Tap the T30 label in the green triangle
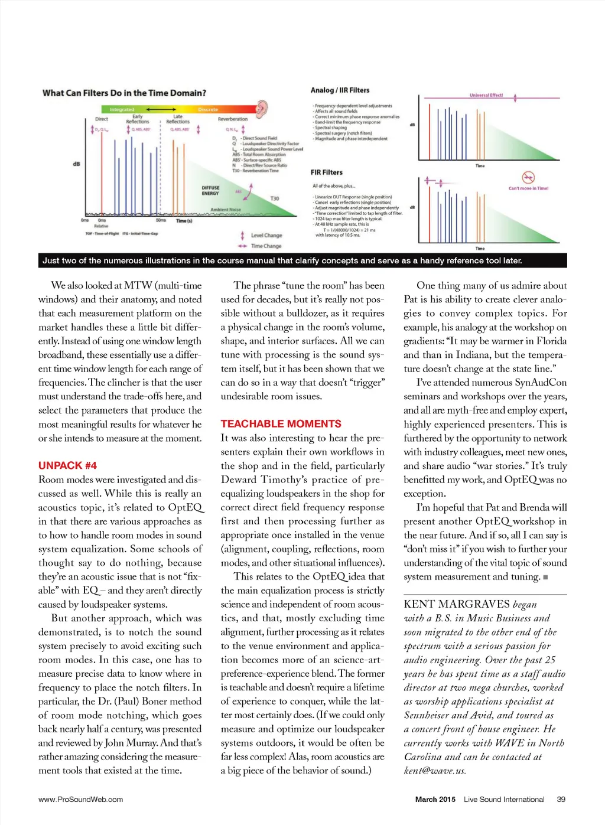(275, 198)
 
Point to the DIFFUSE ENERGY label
(210, 190)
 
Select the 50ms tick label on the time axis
(161, 220)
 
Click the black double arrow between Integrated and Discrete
(161, 109)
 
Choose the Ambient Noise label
(226, 210)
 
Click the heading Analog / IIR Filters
(340, 90)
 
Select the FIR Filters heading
(327, 172)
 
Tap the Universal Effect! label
(486, 95)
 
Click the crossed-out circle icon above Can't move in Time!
(528, 177)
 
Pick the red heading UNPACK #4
(67, 465)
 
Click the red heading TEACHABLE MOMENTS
(281, 423)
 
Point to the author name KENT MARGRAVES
(456, 604)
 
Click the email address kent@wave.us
(435, 770)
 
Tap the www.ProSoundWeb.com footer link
(80, 799)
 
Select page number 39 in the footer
(561, 799)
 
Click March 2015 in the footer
(435, 799)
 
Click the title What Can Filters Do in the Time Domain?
(124, 93)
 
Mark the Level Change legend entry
(266, 235)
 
